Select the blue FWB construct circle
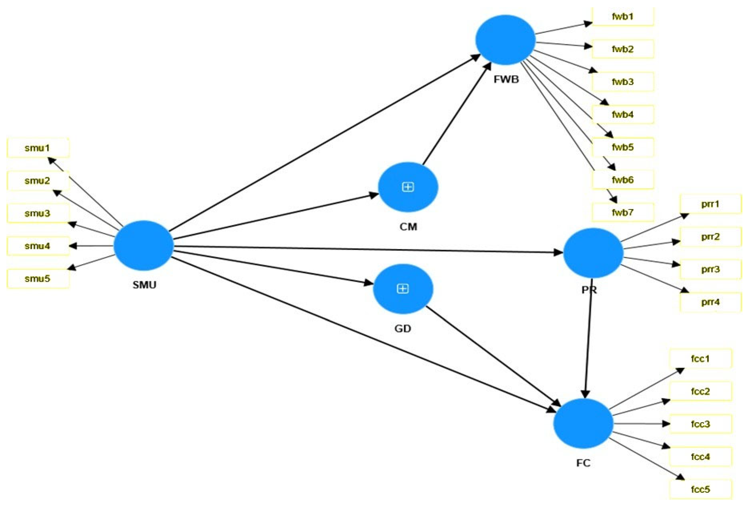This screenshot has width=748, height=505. (x=505, y=40)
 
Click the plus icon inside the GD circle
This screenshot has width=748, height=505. (x=403, y=289)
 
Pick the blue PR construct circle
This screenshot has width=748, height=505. (x=593, y=253)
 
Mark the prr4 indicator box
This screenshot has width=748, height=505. (x=710, y=302)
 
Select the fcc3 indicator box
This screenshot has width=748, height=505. (x=700, y=424)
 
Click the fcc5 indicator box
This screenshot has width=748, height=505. (x=700, y=489)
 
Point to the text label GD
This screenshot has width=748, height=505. (x=402, y=329)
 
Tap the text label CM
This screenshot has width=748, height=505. (x=408, y=227)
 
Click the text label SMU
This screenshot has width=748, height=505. (x=144, y=285)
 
